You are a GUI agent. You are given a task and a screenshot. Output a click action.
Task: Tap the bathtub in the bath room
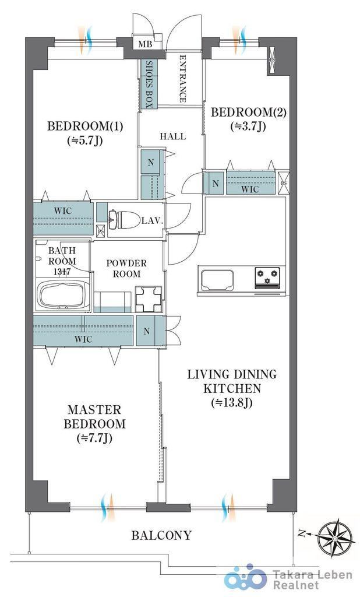point(63,294)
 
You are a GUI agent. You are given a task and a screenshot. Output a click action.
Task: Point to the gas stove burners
point(267,277)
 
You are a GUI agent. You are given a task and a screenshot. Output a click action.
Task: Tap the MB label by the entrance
point(145,44)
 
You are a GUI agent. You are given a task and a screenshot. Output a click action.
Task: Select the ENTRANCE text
point(183,79)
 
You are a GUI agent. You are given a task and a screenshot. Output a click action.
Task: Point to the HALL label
point(173,136)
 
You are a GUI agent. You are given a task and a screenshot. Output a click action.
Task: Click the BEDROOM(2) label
point(249,113)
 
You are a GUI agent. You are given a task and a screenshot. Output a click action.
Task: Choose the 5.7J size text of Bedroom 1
point(85,141)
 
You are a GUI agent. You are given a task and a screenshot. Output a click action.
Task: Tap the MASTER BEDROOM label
point(94,417)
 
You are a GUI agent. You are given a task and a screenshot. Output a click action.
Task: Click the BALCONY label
point(161,535)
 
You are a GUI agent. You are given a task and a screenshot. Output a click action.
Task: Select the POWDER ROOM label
point(126,268)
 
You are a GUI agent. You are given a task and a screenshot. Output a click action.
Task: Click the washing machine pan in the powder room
point(149,299)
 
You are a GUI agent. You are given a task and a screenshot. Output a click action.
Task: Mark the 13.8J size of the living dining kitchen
point(232,402)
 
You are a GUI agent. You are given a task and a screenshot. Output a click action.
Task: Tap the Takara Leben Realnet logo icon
point(245,578)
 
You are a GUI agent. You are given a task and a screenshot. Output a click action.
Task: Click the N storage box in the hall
point(151,163)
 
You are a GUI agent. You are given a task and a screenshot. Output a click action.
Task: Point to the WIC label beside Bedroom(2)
point(250,189)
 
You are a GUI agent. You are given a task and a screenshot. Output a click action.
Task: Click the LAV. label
point(153,220)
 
